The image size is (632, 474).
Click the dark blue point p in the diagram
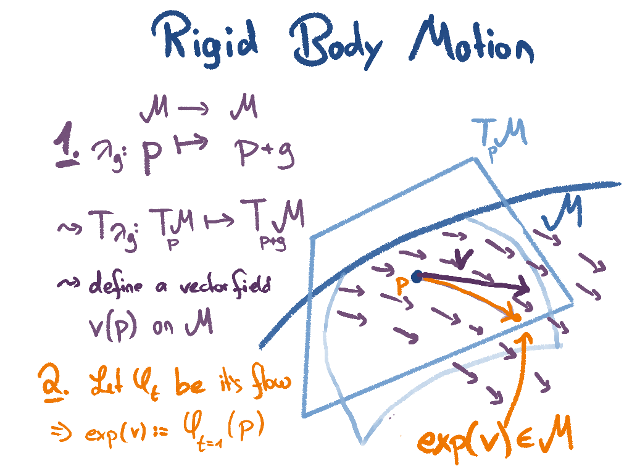click(417, 277)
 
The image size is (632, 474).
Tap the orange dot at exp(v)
click(517, 317)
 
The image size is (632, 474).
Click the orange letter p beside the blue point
click(402, 285)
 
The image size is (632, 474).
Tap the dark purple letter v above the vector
click(464, 259)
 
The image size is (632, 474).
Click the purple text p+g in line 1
click(264, 154)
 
